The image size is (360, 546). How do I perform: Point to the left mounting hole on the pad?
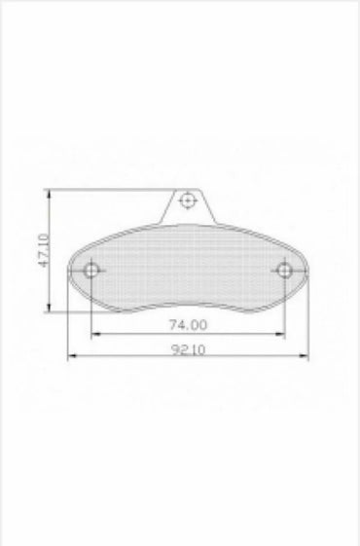[x=91, y=270]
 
